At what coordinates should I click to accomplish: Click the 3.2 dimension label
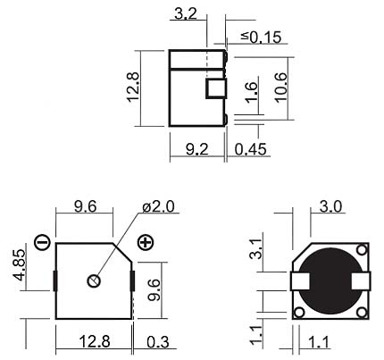pyautogui.click(x=186, y=13)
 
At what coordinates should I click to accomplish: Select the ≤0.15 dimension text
pyautogui.click(x=261, y=38)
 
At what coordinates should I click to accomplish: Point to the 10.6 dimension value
pyautogui.click(x=281, y=88)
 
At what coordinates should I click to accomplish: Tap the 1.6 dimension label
pyautogui.click(x=251, y=93)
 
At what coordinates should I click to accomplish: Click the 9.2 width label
pyautogui.click(x=197, y=149)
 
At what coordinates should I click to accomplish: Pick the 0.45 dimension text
pyautogui.click(x=250, y=149)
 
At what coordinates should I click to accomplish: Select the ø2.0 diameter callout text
pyautogui.click(x=158, y=206)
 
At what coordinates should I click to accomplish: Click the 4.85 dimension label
pyautogui.click(x=20, y=264)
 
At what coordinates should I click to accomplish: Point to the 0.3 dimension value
pyautogui.click(x=158, y=342)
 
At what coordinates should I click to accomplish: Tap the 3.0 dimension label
pyautogui.click(x=330, y=206)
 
